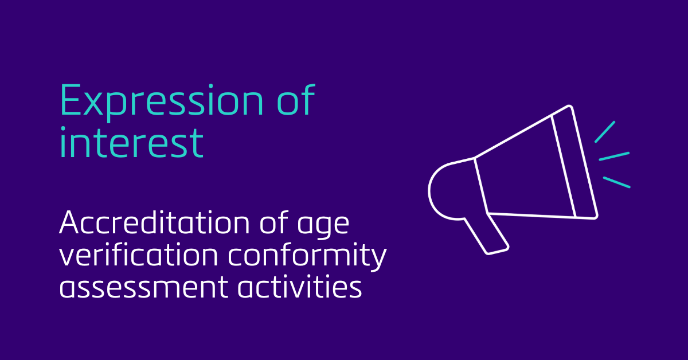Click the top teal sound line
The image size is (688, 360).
[x=604, y=132]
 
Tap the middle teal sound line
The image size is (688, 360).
[x=614, y=156]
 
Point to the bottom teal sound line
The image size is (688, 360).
[x=616, y=182]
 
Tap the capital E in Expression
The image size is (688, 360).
[x=69, y=101]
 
